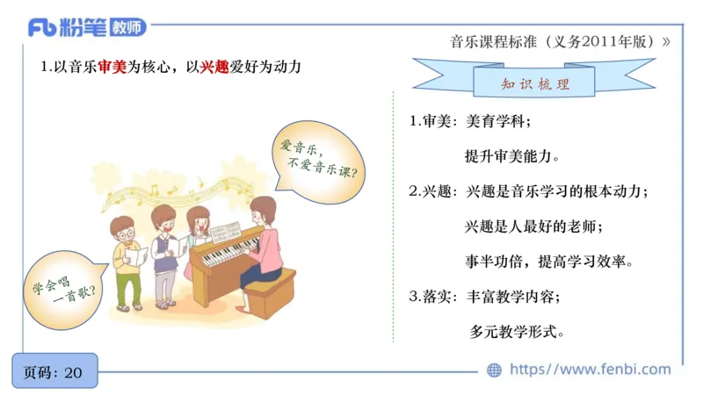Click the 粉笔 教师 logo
click(87, 27)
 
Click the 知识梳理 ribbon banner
click(533, 84)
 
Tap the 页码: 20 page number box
click(54, 372)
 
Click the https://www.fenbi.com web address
click(590, 370)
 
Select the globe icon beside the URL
click(495, 370)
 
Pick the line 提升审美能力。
click(511, 156)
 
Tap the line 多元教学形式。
click(517, 332)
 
